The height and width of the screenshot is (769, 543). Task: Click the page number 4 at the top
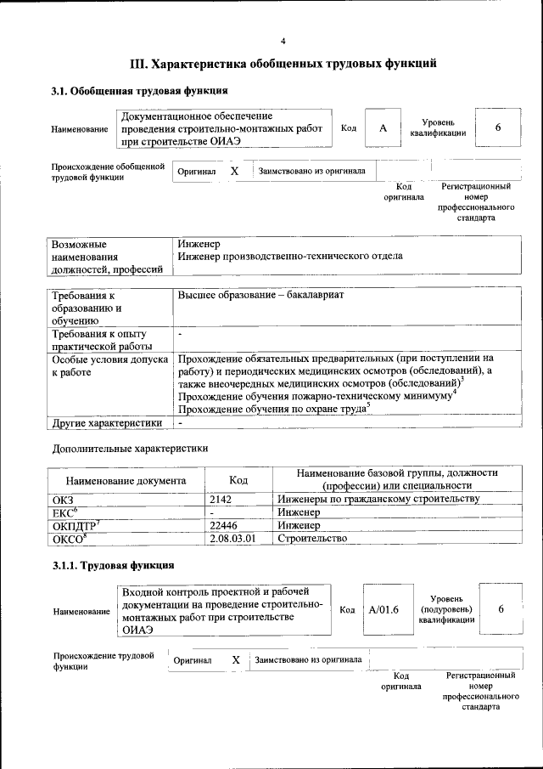click(x=283, y=40)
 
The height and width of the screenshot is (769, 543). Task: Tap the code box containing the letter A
click(x=383, y=127)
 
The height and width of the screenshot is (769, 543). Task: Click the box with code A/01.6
click(x=383, y=609)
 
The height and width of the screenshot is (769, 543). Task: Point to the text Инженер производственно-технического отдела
click(x=290, y=256)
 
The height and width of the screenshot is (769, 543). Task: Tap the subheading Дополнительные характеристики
click(x=130, y=448)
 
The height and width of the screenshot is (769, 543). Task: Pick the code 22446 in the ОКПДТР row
click(x=223, y=525)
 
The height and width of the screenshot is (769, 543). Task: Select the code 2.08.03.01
click(x=232, y=538)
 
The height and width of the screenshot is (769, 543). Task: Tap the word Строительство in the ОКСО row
click(x=312, y=538)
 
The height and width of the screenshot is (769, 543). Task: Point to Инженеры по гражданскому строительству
click(x=378, y=499)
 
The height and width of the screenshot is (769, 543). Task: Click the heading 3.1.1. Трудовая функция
click(x=114, y=565)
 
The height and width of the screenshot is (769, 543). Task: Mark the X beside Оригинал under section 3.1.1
click(x=236, y=659)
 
